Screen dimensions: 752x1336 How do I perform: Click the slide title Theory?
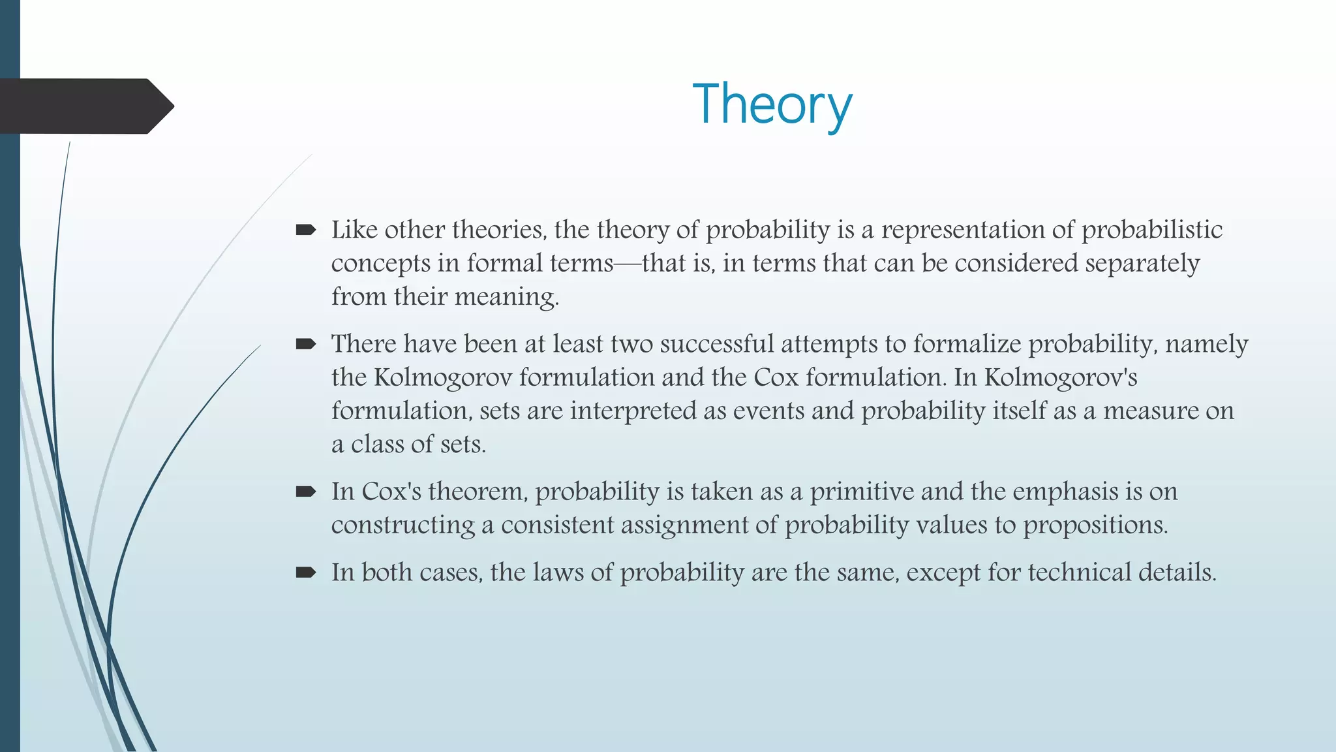[x=772, y=104]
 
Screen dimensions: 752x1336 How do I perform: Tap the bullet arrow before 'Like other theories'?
[x=305, y=230]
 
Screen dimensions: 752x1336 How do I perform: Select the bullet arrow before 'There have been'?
[x=305, y=344]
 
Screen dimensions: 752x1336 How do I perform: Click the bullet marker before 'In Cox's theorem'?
[x=305, y=492]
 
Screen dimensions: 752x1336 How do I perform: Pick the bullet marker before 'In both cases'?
[x=305, y=572]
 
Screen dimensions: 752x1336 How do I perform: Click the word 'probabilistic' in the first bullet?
[x=1152, y=230]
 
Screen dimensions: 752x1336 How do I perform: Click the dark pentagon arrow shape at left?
[x=85, y=106]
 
